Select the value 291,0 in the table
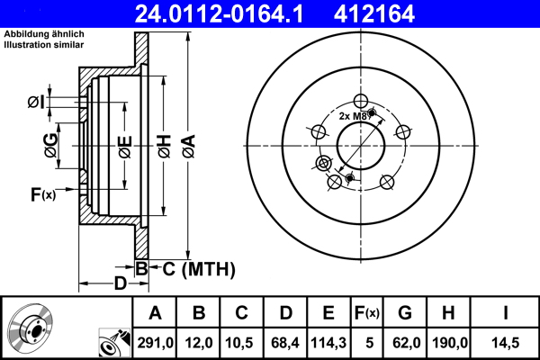pos(155,342)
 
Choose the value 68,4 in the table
pos(285,342)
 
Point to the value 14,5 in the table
pos(507,342)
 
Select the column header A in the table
pos(155,313)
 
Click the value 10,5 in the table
pos(241,342)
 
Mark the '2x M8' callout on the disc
pos(353,116)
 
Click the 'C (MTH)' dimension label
pos(193,267)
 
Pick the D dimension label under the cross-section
pos(120,284)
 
